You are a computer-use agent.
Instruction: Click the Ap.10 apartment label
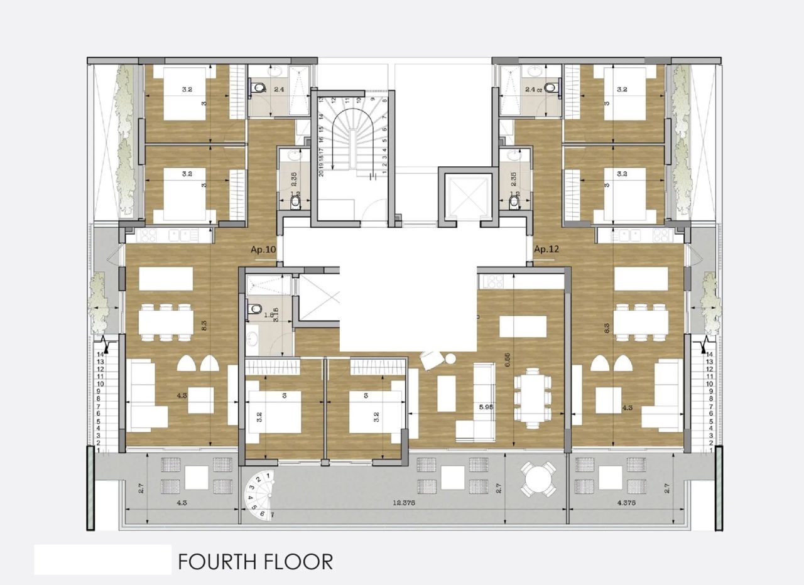pyautogui.click(x=263, y=249)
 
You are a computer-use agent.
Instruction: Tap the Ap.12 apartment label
pyautogui.click(x=546, y=249)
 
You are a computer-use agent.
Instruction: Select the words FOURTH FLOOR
pyautogui.click(x=255, y=561)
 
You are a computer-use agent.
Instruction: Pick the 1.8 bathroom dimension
pyautogui.click(x=269, y=316)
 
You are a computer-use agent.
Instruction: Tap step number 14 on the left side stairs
pyautogui.click(x=100, y=355)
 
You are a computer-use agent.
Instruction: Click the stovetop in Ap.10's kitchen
pyautogui.click(x=147, y=235)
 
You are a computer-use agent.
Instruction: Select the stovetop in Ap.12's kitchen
pyautogui.click(x=661, y=235)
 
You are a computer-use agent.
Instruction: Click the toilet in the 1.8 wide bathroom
pyautogui.click(x=254, y=309)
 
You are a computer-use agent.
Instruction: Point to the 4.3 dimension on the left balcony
pyautogui.click(x=182, y=503)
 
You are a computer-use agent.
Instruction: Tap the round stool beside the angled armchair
pyautogui.click(x=450, y=358)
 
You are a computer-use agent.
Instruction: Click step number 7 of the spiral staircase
pyautogui.click(x=272, y=515)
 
